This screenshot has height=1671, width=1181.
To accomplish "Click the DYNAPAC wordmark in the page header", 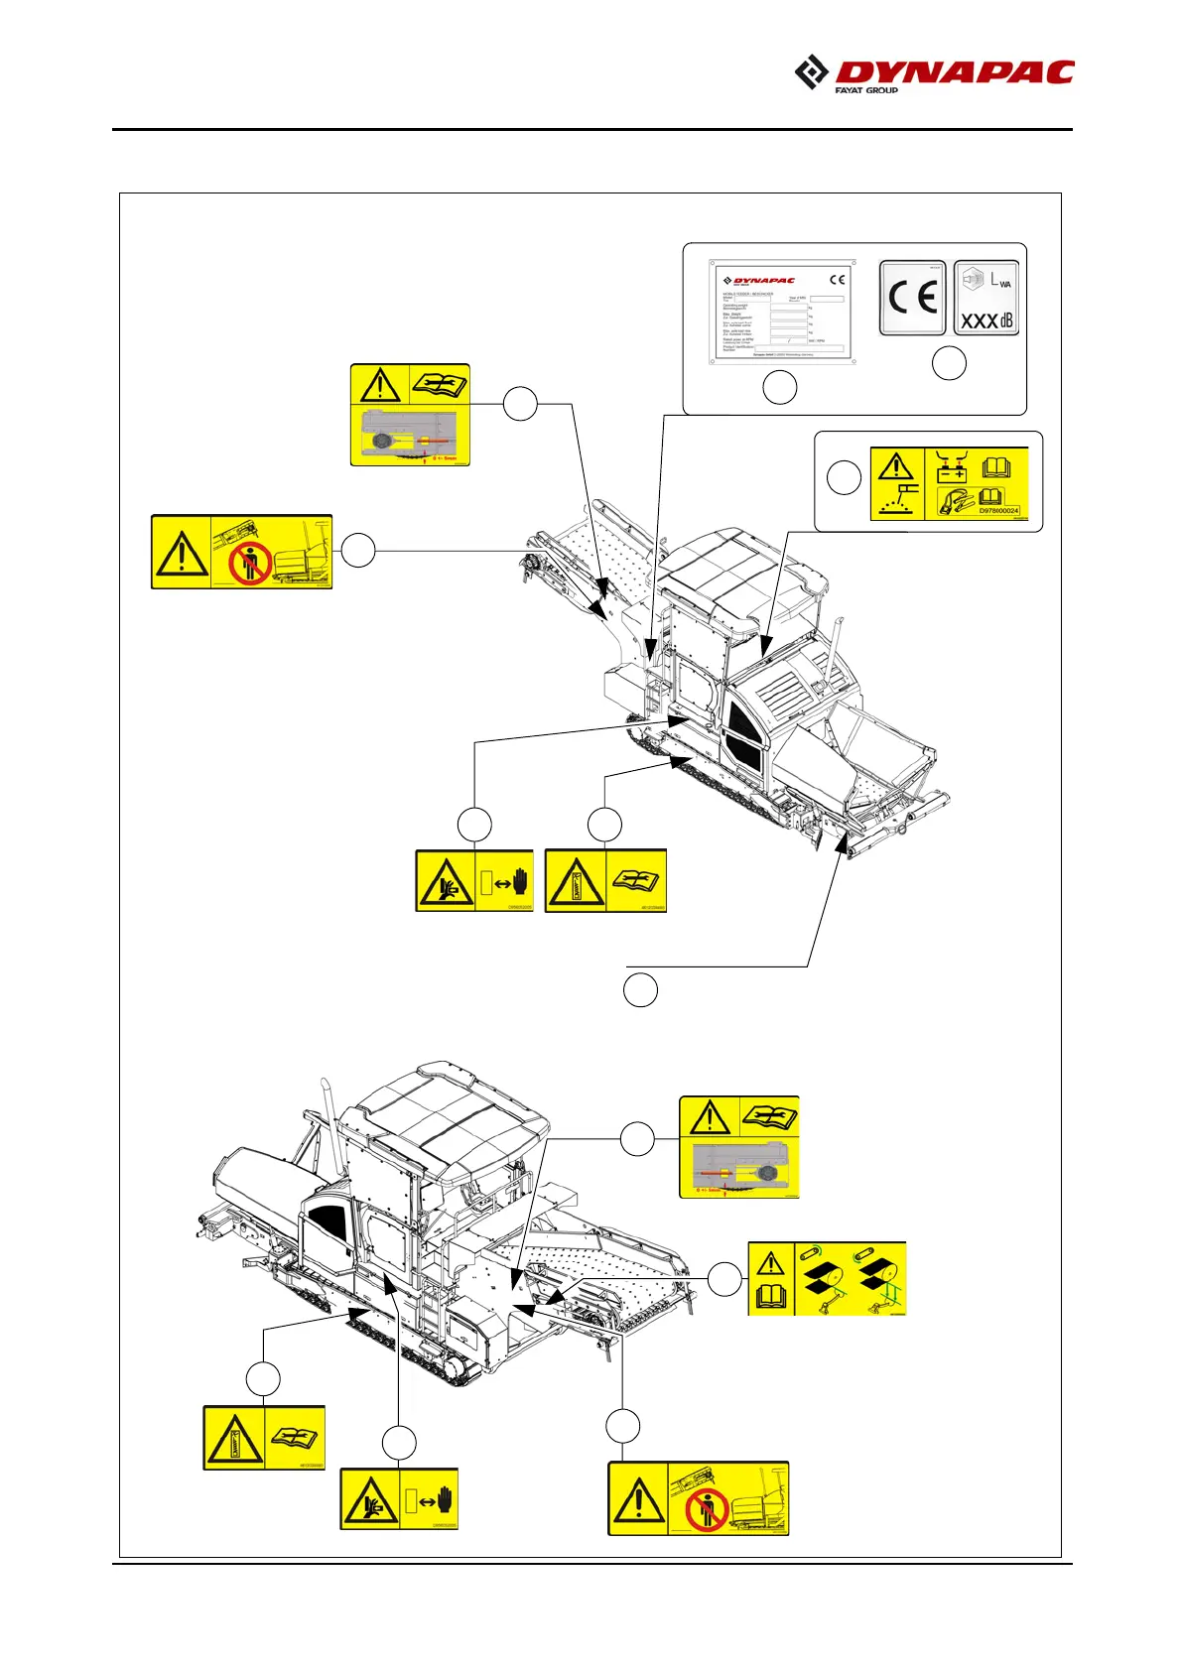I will pos(954,72).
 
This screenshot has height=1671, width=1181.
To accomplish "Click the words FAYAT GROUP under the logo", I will pos(866,90).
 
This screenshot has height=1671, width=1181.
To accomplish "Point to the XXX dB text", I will pos(986,321).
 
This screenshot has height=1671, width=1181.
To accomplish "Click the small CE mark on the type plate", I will pos(837,280).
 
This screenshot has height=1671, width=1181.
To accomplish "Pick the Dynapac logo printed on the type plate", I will pos(759,281).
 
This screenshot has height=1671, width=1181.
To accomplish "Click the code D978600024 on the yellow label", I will pos(998,510).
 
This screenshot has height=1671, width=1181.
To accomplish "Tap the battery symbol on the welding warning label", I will pos(952,469).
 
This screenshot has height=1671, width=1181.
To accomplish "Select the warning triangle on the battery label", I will pos(896,466).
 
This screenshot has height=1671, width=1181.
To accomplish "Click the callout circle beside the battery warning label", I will pos(844,477).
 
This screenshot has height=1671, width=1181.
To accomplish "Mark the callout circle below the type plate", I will pos(780,387).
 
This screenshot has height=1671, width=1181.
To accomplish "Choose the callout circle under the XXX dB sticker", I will pos(950,364).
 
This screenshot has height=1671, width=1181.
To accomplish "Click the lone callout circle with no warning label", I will pos(640,990).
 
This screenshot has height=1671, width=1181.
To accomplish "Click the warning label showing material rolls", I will pos(827,1278).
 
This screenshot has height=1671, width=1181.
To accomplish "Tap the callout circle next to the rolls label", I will pos(725,1280).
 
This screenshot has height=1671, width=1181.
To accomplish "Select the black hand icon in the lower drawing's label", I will pos(447,1498).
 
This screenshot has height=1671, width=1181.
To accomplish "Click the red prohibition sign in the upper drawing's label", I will pos(249,563).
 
